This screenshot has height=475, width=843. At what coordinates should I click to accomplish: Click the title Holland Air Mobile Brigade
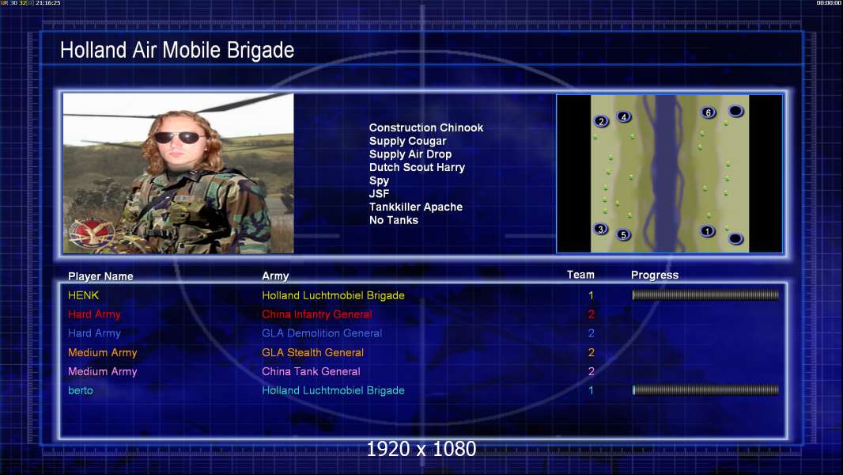(x=177, y=51)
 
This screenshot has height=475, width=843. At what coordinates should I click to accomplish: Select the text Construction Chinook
(x=425, y=128)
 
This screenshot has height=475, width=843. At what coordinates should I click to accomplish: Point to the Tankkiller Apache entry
(x=416, y=207)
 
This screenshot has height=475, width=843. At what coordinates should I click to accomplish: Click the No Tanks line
(x=394, y=220)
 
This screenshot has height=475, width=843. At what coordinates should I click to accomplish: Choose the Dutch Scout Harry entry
(x=417, y=167)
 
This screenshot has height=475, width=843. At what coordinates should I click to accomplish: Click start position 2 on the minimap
(x=601, y=122)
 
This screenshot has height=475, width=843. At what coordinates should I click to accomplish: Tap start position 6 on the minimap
(x=708, y=112)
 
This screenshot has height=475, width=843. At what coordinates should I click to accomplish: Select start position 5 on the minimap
(x=623, y=234)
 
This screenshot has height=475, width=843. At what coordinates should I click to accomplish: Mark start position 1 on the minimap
(x=707, y=231)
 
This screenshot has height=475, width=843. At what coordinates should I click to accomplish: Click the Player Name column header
(x=100, y=276)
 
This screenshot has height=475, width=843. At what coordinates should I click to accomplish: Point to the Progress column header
(x=654, y=275)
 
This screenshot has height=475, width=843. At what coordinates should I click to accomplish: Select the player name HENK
(x=83, y=295)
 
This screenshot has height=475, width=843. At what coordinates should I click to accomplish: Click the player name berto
(x=80, y=390)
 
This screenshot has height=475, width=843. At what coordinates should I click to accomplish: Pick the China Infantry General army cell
(x=316, y=314)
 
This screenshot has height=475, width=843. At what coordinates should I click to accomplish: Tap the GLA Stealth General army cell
(x=313, y=352)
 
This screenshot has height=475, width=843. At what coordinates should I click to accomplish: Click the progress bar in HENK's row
(x=705, y=294)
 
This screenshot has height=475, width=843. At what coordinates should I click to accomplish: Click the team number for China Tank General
(x=591, y=371)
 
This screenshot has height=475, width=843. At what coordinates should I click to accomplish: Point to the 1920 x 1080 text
(x=421, y=449)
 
